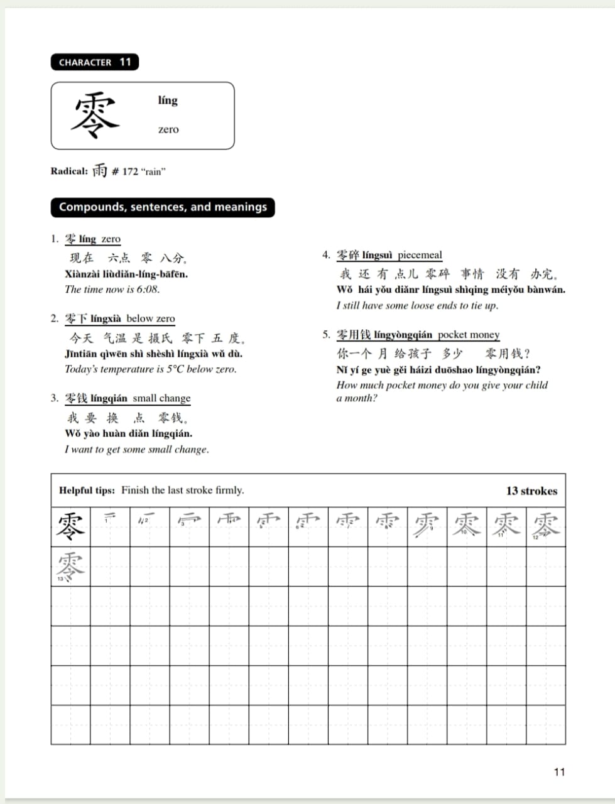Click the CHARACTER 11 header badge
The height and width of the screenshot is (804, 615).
click(94, 62)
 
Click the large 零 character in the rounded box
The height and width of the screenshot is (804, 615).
click(94, 116)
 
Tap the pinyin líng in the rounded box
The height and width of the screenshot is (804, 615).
click(168, 100)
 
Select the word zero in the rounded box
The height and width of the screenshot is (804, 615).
click(168, 129)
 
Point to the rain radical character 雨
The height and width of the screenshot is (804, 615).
click(100, 170)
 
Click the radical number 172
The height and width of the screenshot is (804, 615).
click(129, 171)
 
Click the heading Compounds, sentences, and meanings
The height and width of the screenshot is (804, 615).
click(163, 207)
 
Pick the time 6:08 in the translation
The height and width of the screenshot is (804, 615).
click(148, 290)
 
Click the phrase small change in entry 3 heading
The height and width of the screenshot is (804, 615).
click(161, 398)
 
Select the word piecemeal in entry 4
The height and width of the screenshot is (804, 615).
click(420, 255)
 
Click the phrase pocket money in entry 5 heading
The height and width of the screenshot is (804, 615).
click(469, 335)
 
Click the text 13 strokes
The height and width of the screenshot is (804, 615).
click(531, 491)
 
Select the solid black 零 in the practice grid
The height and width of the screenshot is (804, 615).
click(70, 526)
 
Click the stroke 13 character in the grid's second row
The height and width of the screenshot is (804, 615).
click(70, 565)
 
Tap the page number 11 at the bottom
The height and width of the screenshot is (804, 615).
click(559, 772)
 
